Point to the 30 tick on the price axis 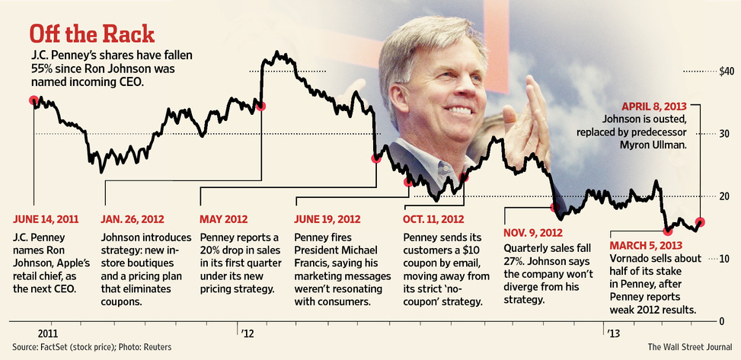(x=725, y=134)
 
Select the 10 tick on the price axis (x=725, y=259)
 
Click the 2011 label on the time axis (x=47, y=333)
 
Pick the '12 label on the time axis (x=247, y=333)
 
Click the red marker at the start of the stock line (x=34, y=100)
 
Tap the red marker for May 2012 (x=261, y=106)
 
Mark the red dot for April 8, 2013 (x=701, y=222)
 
